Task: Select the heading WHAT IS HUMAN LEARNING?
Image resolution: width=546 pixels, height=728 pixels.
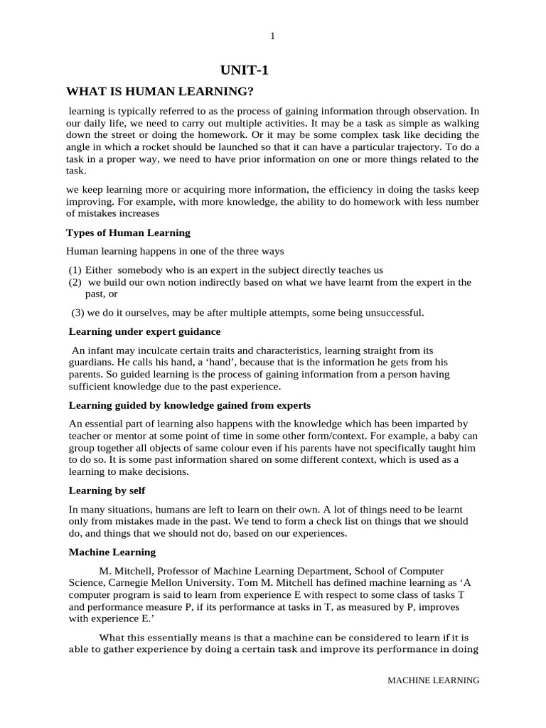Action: point(160,91)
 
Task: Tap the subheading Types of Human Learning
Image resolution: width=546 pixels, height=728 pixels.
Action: point(128,232)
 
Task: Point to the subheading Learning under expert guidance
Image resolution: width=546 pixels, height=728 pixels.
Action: point(144,331)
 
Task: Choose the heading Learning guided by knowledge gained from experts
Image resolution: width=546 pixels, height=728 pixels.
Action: point(189,405)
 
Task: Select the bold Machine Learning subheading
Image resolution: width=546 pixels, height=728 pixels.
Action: point(112,552)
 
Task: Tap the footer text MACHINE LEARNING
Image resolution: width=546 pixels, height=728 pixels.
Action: point(433,680)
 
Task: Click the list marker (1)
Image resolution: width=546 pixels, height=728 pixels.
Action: point(75,270)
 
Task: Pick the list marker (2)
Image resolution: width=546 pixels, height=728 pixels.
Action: point(75,282)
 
